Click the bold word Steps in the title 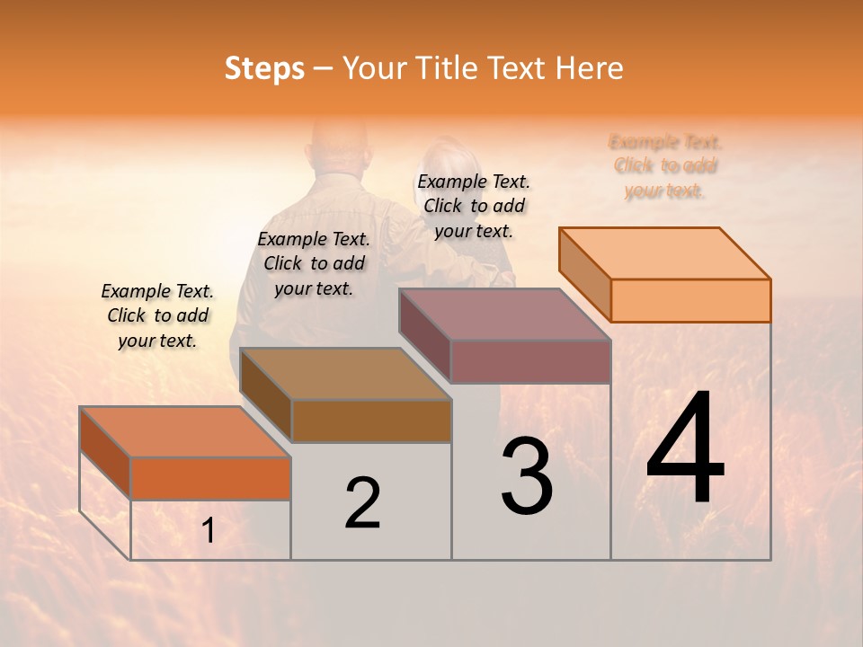[264, 68]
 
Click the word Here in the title [588, 68]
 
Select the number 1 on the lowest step [209, 531]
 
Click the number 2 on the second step [362, 503]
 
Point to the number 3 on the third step [527, 475]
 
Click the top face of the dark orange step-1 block [185, 432]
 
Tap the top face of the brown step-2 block [346, 374]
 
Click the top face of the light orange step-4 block [665, 253]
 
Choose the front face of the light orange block [690, 300]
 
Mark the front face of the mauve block [530, 361]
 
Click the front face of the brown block [371, 421]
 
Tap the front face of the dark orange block [210, 478]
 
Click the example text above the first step [157, 315]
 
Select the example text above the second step [314, 263]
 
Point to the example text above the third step [474, 206]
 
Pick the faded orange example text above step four [665, 166]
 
